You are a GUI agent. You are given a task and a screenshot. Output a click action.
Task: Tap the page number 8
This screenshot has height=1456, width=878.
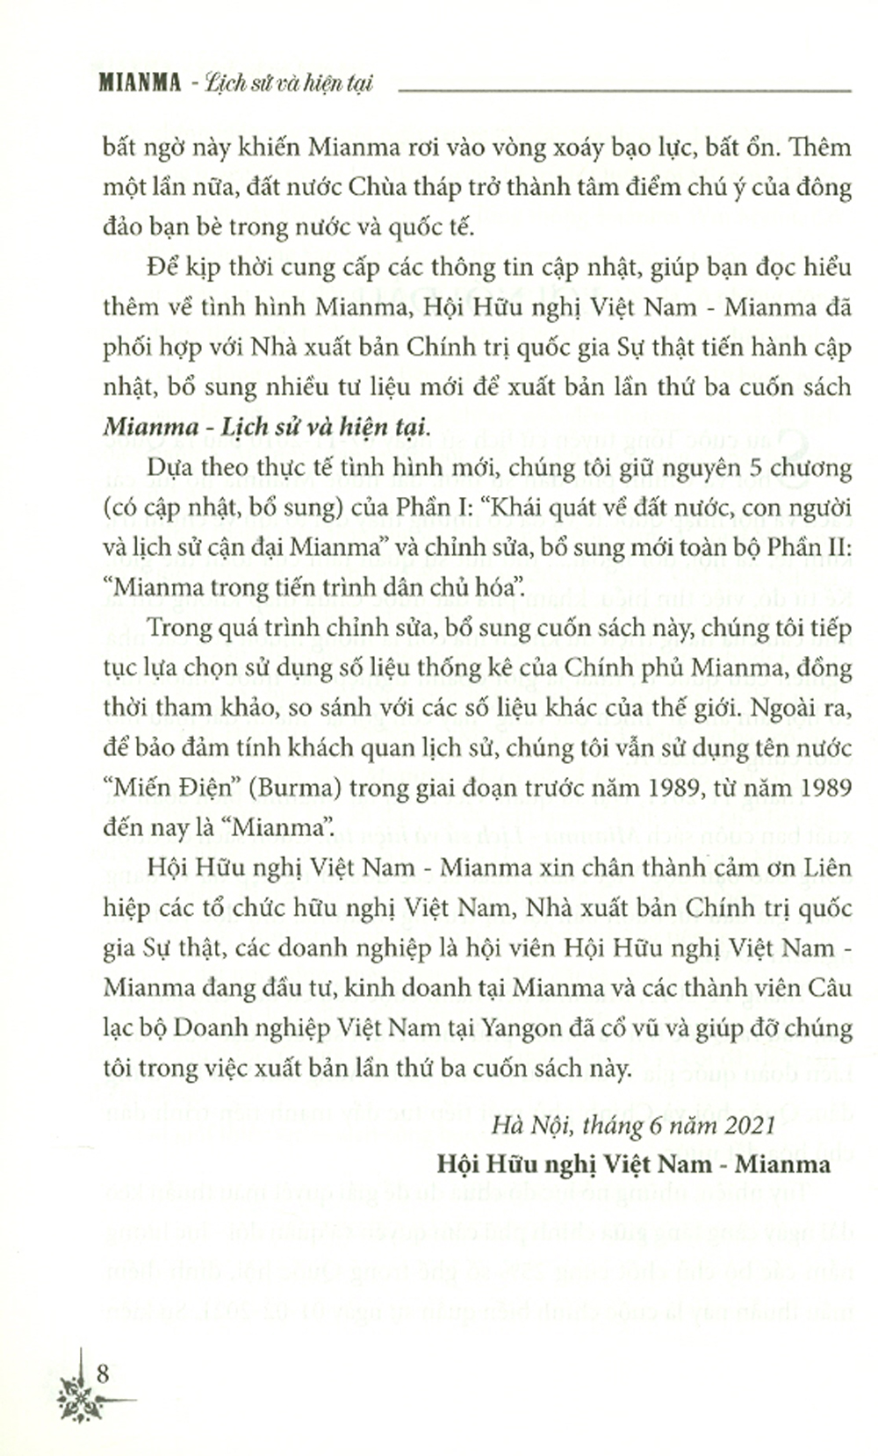[103, 1373]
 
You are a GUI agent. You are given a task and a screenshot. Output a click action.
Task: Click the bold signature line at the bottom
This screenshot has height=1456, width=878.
[632, 1164]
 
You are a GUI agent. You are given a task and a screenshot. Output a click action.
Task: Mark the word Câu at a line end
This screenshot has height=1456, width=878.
[829, 987]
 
